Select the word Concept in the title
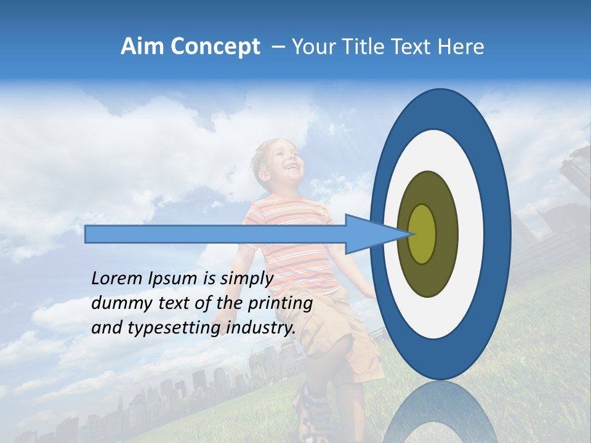click(215, 47)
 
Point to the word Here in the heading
click(461, 47)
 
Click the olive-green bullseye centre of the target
click(422, 234)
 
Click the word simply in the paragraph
click(247, 279)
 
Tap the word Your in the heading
click(311, 47)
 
